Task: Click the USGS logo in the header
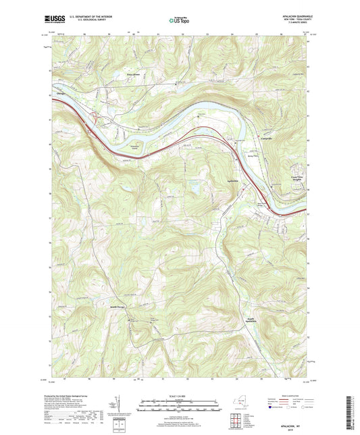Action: (x=55, y=20)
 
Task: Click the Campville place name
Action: (x=267, y=138)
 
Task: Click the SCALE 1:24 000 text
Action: (x=180, y=395)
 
